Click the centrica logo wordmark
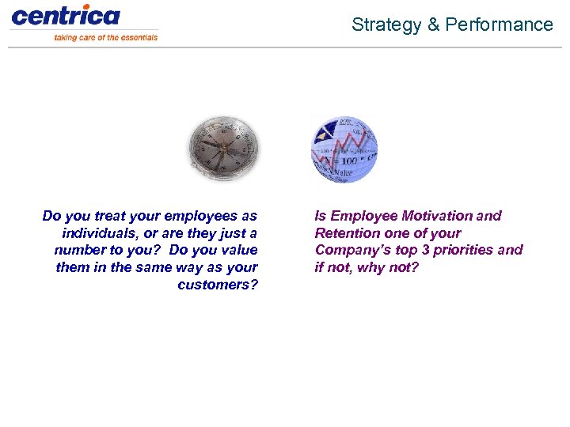pos(66,15)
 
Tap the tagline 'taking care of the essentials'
pos(106,37)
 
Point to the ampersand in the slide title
pos(433,25)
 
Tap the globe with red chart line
pos(344,150)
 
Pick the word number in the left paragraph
pos(79,251)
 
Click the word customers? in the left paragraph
pos(218,285)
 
